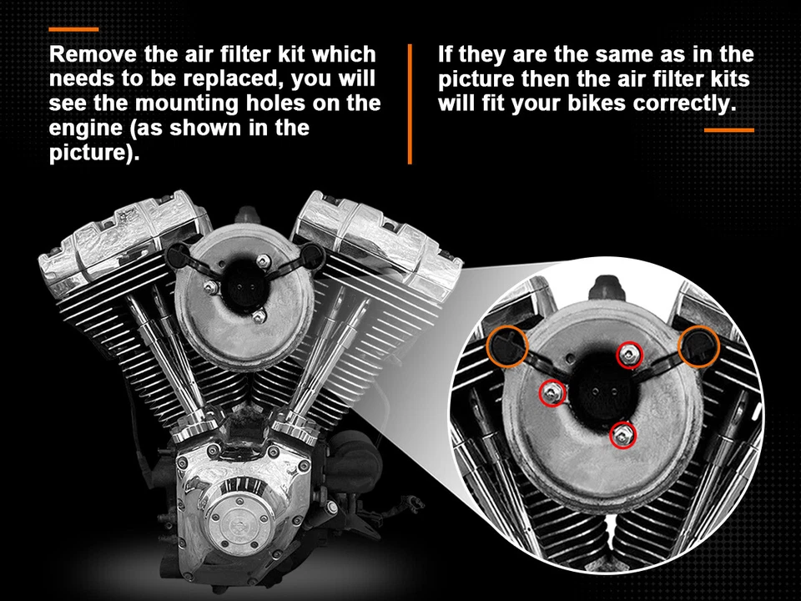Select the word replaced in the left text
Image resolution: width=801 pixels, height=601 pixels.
coord(231,80)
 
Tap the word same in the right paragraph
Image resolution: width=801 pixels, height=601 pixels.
coord(615,56)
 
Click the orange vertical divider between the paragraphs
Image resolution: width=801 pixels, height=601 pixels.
coord(410,104)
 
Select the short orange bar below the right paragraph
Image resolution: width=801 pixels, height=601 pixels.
coord(728,130)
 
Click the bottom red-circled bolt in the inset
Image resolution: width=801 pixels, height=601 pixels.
coord(622,433)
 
